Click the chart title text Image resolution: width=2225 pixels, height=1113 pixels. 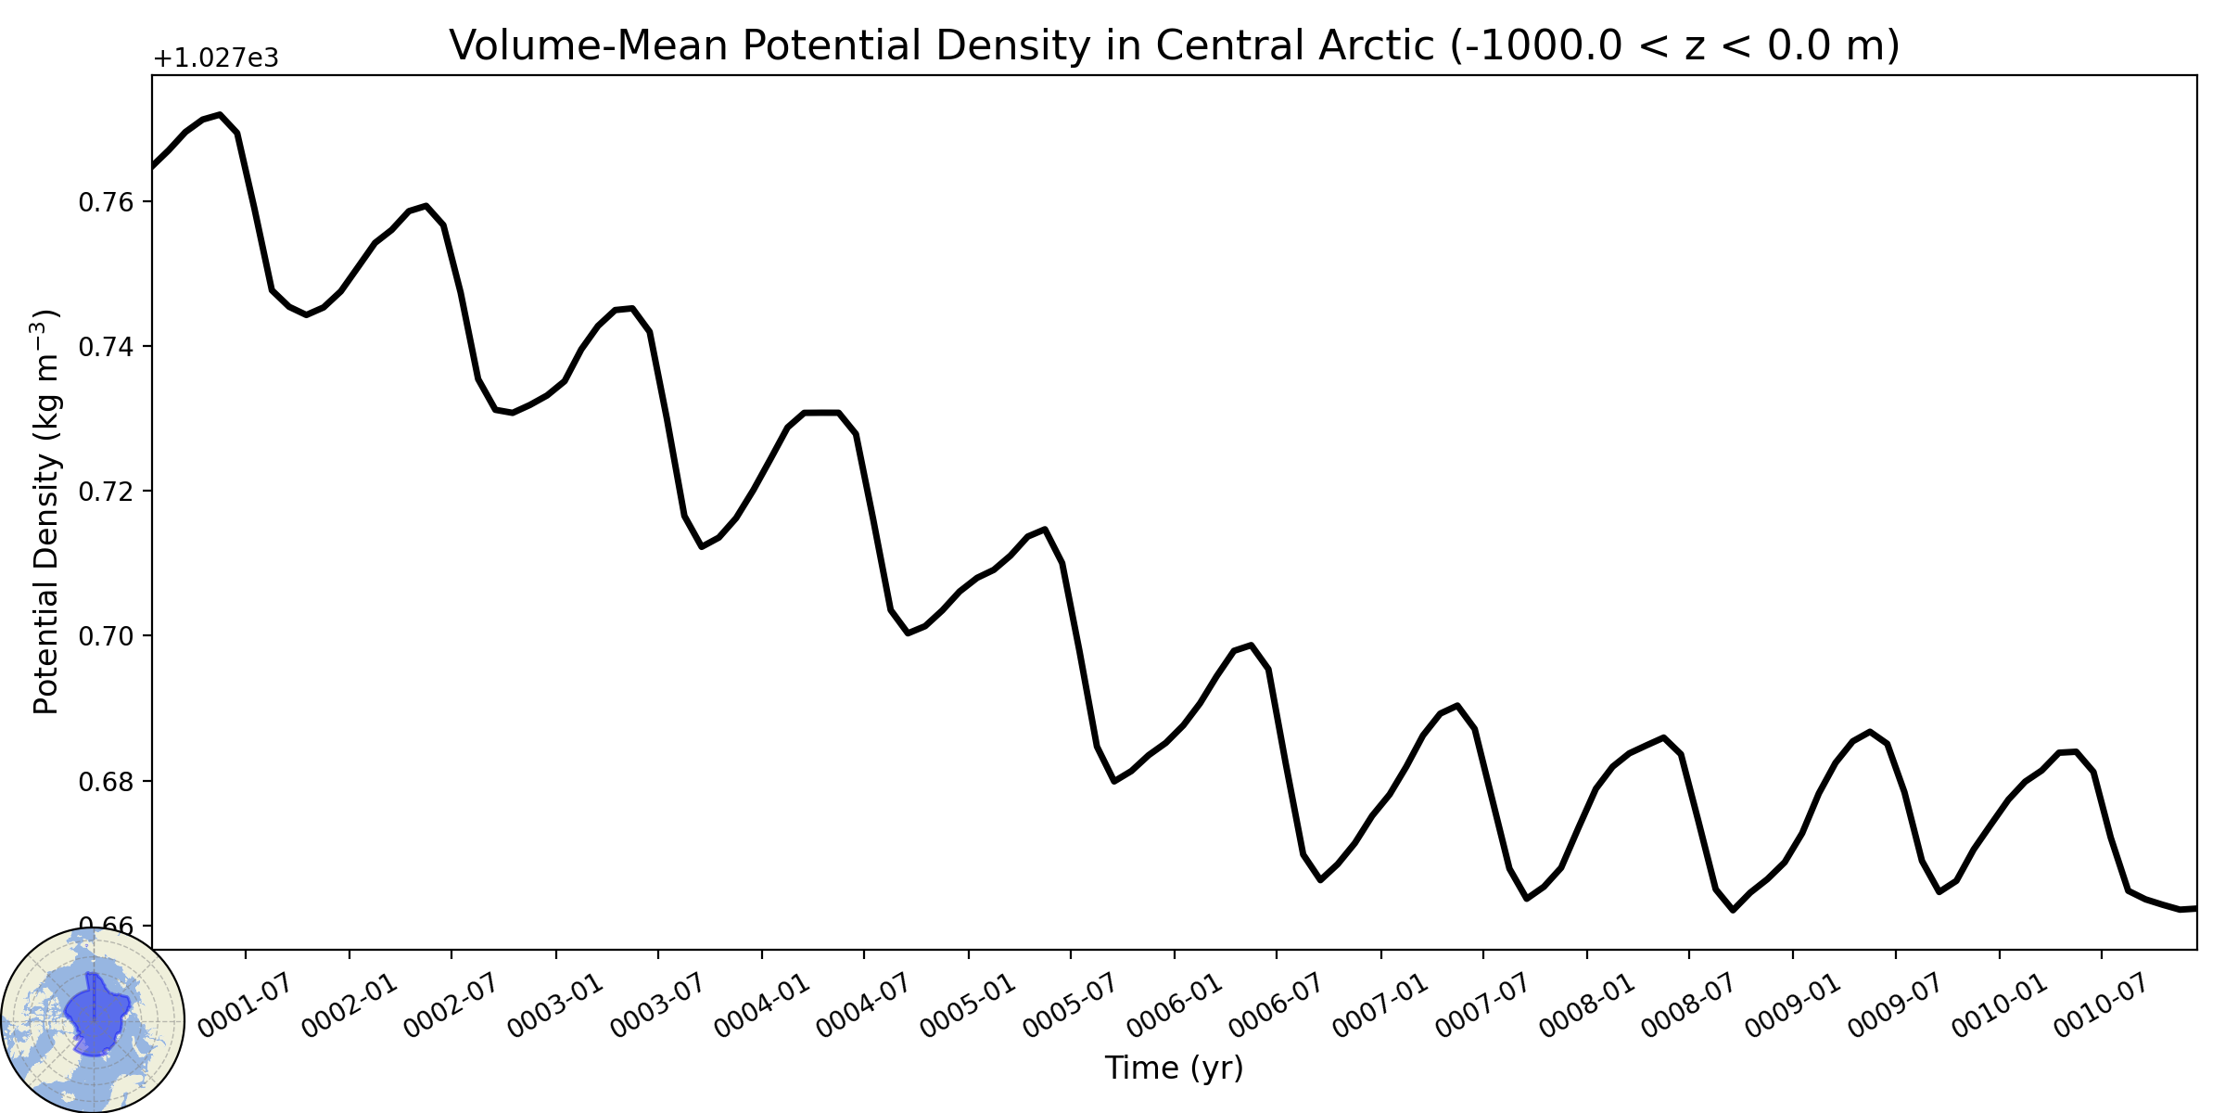(x=1175, y=45)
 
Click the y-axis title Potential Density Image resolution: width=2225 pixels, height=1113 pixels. (x=45, y=512)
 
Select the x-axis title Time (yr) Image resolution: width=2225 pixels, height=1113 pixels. (x=1174, y=1068)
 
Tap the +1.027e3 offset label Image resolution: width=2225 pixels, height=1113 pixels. (x=215, y=58)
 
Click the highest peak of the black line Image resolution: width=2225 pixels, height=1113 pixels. (x=220, y=115)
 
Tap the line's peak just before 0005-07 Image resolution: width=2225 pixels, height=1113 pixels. (x=1045, y=530)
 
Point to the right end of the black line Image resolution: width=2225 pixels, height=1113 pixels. (x=2195, y=908)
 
